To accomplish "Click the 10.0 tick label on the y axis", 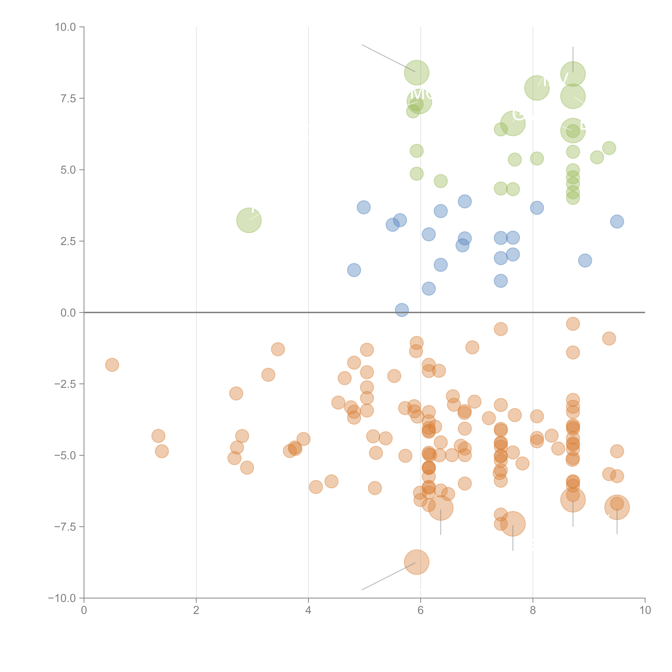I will pyautogui.click(x=65, y=27).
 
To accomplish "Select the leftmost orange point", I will pyautogui.click(x=112, y=364).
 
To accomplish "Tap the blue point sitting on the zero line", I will pyautogui.click(x=402, y=310).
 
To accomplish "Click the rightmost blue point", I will pyautogui.click(x=617, y=221).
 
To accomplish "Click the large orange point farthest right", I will pyautogui.click(x=617, y=507).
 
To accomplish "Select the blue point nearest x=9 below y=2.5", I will pyautogui.click(x=585, y=260).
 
